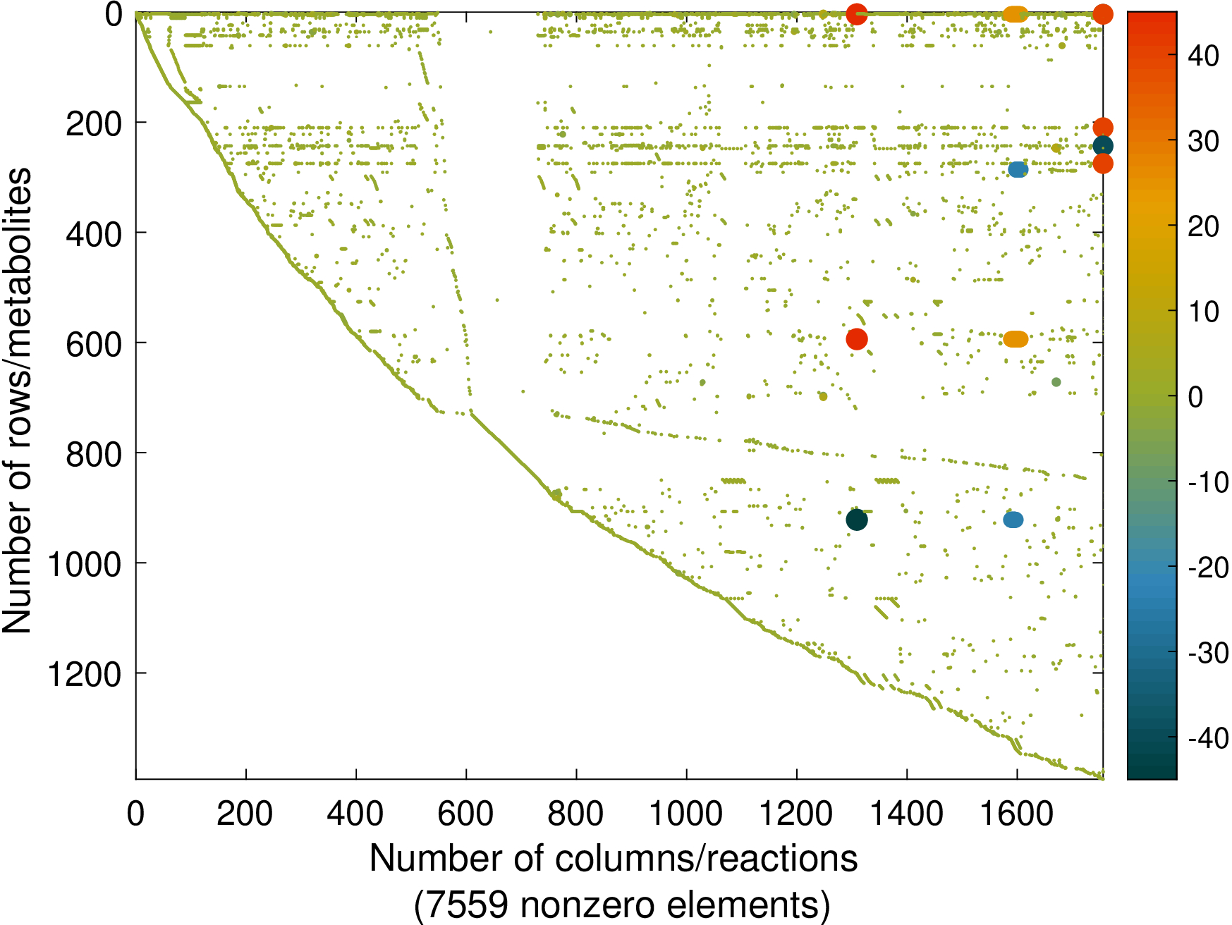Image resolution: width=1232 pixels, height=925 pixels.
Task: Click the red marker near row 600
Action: click(856, 339)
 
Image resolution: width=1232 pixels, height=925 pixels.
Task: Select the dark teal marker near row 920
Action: click(856, 520)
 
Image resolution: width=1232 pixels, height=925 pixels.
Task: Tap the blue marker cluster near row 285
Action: click(1018, 169)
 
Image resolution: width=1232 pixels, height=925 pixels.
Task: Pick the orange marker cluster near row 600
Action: click(1016, 339)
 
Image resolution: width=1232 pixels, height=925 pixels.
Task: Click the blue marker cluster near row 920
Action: click(1013, 520)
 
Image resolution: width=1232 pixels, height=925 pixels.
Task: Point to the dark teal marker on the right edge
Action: click(1103, 146)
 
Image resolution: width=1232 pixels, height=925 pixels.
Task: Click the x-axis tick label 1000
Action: click(685, 814)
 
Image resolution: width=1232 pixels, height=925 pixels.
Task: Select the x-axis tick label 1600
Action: click(1016, 814)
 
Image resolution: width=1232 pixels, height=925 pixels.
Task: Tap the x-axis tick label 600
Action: click(465, 814)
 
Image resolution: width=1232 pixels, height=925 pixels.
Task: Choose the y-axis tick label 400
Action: click(94, 234)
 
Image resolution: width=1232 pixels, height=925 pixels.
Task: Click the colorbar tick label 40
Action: click(1203, 55)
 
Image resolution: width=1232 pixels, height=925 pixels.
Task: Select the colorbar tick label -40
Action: click(1208, 738)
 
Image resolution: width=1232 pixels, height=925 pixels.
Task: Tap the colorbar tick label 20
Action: click(1203, 226)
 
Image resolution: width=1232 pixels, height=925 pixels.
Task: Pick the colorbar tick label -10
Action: click(1208, 482)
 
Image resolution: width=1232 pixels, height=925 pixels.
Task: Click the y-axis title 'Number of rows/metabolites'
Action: click(17, 400)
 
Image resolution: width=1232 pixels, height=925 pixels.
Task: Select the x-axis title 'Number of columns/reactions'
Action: click(614, 859)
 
